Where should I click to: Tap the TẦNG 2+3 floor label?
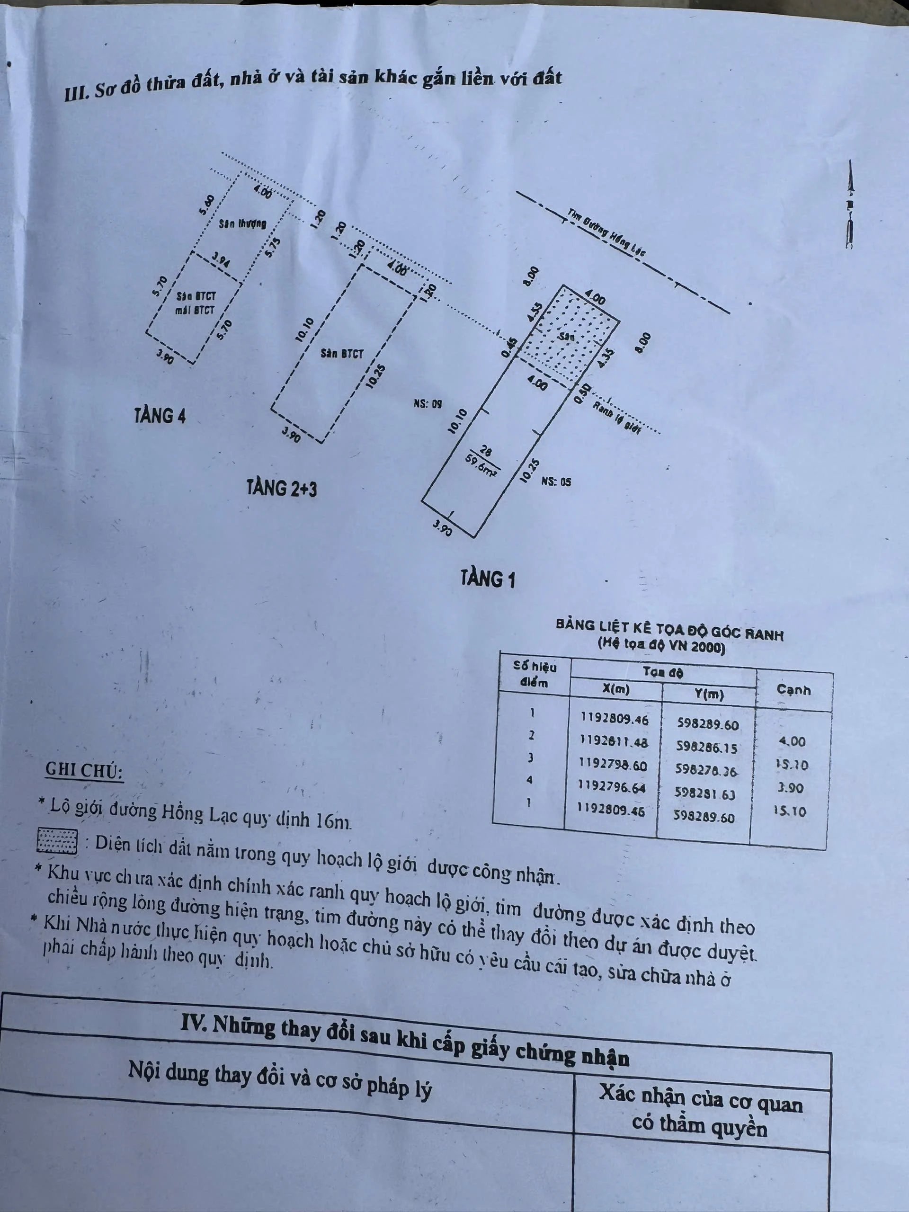click(282, 487)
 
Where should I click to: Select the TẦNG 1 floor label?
click(488, 579)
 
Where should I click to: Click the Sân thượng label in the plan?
click(242, 223)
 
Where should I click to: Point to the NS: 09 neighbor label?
click(428, 404)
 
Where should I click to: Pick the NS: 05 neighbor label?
click(556, 481)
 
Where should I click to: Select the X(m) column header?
click(616, 689)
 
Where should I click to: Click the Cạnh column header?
click(793, 690)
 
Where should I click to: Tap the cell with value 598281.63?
click(705, 793)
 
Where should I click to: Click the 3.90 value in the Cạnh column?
click(790, 788)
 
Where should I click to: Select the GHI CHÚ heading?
click(84, 770)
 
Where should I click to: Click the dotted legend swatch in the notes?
click(57, 840)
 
